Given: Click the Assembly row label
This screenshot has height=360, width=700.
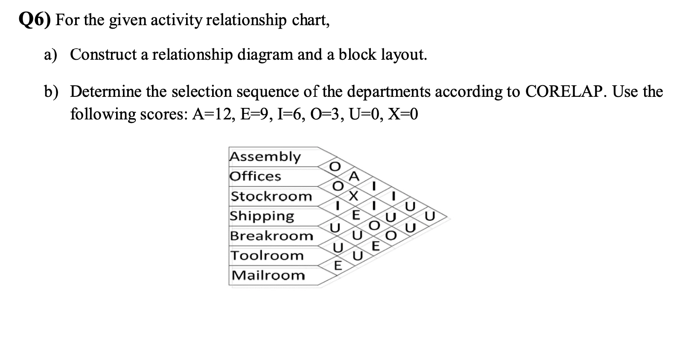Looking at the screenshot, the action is pos(265,156).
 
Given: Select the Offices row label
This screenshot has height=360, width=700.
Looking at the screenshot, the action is pos(256,176).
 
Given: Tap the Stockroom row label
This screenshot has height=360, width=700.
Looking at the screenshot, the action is pos(271,196).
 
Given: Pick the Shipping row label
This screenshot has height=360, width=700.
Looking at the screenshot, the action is pos(262,216).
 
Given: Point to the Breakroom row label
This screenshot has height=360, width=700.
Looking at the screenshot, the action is pos(272,236).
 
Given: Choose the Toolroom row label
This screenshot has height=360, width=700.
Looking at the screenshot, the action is pos(267,255).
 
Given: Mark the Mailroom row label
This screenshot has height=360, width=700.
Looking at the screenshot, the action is pos(268,276).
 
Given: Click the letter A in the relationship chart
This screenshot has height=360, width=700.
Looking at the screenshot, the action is pos(354,176).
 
